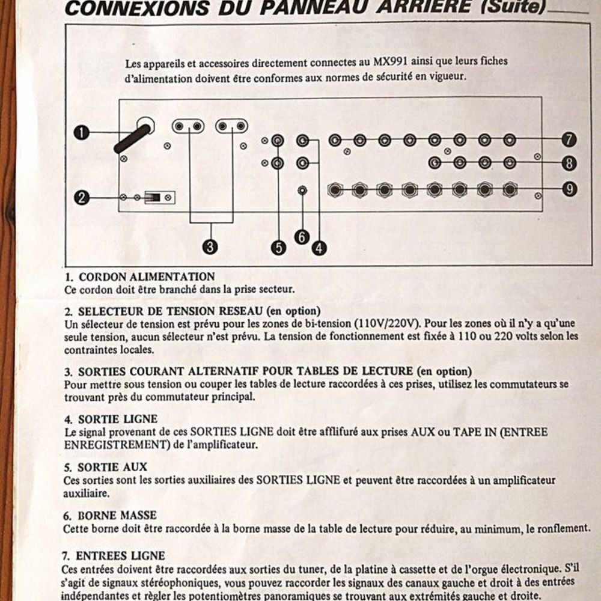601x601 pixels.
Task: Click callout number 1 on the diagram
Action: point(81,133)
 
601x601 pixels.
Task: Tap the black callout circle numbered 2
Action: point(81,198)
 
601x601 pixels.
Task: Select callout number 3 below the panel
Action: point(210,246)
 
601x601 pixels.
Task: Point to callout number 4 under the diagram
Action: point(319,248)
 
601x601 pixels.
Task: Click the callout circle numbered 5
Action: point(279,248)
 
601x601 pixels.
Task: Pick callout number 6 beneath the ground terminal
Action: point(302,237)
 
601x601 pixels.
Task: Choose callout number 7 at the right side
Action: point(569,139)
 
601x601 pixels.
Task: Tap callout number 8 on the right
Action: point(569,163)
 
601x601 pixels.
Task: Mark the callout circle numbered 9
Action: point(570,189)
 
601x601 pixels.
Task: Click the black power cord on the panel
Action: point(132,139)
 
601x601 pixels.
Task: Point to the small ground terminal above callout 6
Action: point(302,190)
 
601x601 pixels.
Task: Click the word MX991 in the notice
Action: point(390,62)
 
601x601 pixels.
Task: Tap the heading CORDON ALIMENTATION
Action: point(147,276)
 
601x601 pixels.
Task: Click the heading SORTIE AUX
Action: point(112,467)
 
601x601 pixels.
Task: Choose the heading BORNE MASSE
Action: point(117,515)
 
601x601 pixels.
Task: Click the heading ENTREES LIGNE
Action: point(120,555)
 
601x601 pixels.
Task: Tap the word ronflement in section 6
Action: point(563,529)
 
